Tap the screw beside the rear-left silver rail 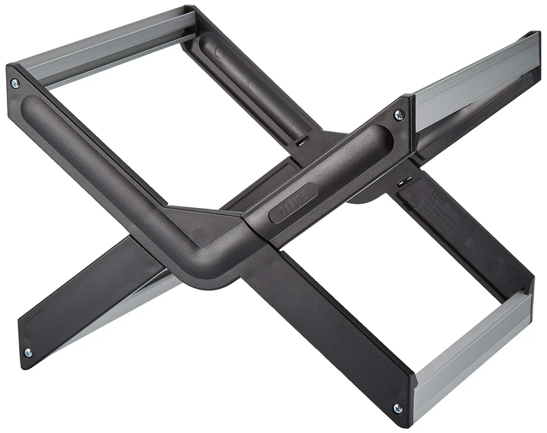pos(15,83)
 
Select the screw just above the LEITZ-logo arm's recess pos(399,114)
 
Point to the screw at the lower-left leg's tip pos(27,353)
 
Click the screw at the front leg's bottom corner pos(398,408)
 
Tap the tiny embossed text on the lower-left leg pos(34,316)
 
